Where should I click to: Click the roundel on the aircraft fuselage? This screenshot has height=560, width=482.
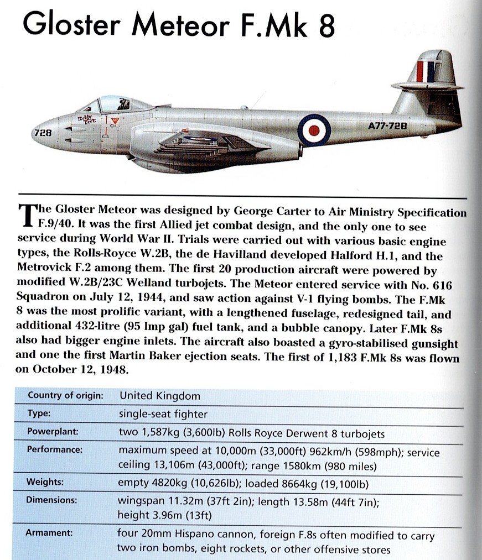tap(314, 130)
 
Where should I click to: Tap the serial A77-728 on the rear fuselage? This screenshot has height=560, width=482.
tap(387, 126)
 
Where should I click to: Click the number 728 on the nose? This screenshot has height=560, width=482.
tap(43, 133)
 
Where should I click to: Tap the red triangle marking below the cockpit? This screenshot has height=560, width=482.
tap(115, 121)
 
